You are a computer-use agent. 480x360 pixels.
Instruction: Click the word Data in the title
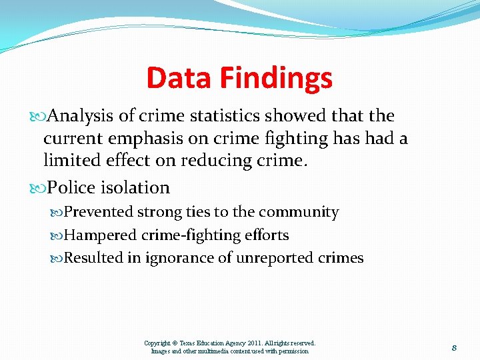point(175,78)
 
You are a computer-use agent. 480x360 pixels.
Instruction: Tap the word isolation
point(136,188)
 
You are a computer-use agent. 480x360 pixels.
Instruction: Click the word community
point(299,213)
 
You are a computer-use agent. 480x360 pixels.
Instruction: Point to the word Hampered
point(97,235)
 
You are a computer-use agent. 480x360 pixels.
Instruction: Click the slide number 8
point(453,347)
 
